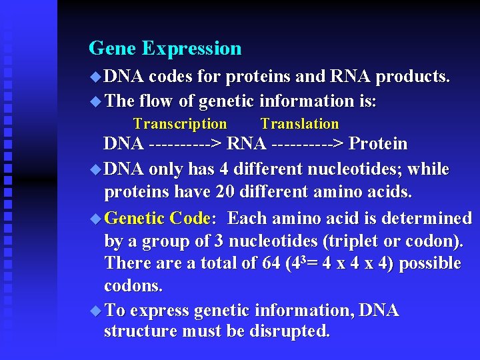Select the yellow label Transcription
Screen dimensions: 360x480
pos(180,124)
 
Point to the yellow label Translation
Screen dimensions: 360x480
pos(299,124)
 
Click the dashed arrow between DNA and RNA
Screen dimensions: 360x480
pos(186,144)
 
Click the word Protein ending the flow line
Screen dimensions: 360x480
pos(378,144)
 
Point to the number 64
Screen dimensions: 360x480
pos(271,264)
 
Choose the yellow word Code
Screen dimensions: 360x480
pos(190,219)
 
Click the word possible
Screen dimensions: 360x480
pos(430,264)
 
